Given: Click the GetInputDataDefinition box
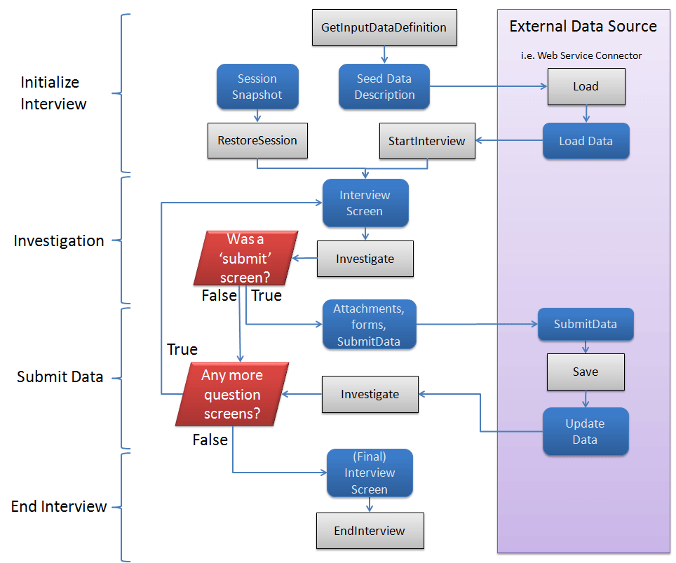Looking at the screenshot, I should (x=384, y=28).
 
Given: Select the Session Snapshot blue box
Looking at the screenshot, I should (x=257, y=87).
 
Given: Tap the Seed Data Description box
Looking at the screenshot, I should (x=384, y=87).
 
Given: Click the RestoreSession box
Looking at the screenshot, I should (x=257, y=140).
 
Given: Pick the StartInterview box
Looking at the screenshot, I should (x=426, y=141).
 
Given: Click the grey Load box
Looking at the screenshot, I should (x=586, y=87).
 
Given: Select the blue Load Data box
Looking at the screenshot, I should (x=586, y=141).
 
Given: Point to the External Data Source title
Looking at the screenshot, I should (x=583, y=27).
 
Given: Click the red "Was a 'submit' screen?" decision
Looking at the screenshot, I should (x=245, y=258).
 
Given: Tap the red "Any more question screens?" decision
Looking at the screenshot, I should (x=231, y=394).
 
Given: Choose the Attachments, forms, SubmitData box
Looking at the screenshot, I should (x=369, y=325).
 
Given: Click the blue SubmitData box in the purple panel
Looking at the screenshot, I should (x=586, y=325).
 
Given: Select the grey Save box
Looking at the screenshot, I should (x=586, y=372).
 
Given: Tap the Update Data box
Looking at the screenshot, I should (x=586, y=432).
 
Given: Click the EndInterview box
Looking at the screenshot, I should (x=370, y=531).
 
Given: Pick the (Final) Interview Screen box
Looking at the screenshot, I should (x=370, y=473).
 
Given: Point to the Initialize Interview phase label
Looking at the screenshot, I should (x=53, y=93).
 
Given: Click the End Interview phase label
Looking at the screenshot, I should (x=59, y=506).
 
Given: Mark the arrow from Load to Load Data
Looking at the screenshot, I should (x=586, y=114).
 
